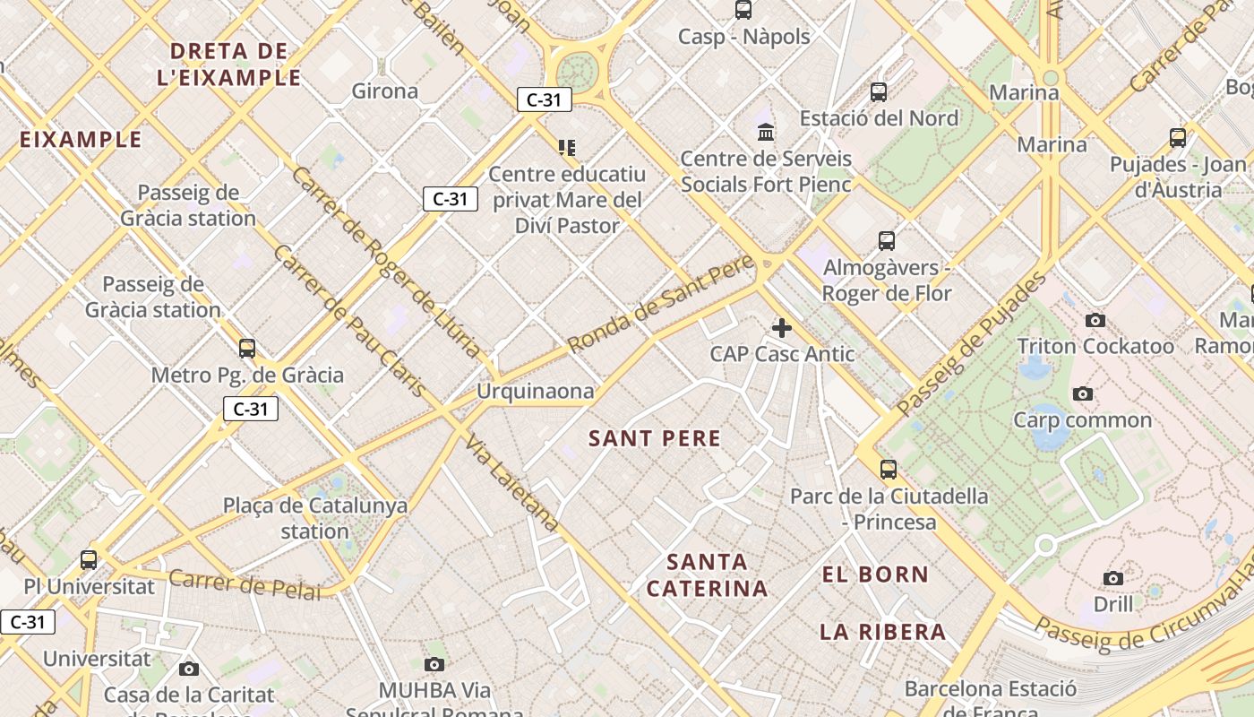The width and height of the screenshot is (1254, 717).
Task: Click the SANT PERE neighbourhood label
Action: (x=655, y=438)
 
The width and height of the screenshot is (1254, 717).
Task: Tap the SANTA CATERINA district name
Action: (x=708, y=575)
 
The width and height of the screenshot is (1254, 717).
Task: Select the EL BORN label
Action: (x=875, y=574)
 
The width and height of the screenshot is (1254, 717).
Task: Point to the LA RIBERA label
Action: (x=883, y=632)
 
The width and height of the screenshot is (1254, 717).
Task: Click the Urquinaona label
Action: (x=535, y=391)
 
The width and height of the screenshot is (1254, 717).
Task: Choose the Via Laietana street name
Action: (x=513, y=485)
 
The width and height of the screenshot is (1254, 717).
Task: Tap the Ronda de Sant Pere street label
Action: (x=661, y=305)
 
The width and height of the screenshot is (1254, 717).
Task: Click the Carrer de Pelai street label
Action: (x=245, y=583)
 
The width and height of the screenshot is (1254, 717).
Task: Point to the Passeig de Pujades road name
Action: (x=971, y=344)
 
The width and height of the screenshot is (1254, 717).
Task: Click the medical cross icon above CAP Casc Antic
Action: (x=782, y=328)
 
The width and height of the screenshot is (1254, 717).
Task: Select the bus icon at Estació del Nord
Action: (x=879, y=91)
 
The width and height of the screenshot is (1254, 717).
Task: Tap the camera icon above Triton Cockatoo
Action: (x=1095, y=320)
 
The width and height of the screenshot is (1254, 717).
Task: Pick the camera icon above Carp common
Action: (x=1083, y=393)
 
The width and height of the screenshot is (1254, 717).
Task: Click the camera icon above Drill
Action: (x=1113, y=578)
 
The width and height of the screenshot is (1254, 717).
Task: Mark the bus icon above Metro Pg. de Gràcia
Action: (x=247, y=348)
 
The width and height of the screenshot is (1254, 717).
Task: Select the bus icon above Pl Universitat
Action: (x=89, y=560)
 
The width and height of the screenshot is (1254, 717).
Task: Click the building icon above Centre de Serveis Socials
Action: (x=766, y=133)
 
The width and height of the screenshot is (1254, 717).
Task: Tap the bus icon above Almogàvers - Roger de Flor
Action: (x=887, y=240)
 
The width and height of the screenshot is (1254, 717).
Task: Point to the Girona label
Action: (x=385, y=91)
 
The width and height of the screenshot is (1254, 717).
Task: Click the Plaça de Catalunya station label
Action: (x=315, y=518)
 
